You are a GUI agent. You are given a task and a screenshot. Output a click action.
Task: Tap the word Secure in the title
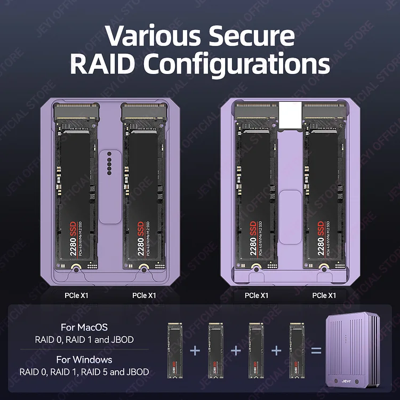tap(251, 36)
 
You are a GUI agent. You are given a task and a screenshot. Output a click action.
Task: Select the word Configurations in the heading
tap(236, 64)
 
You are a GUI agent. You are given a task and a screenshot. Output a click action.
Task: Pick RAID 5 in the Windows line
tap(103, 371)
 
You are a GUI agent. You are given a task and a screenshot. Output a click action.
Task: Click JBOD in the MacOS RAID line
tap(122, 339)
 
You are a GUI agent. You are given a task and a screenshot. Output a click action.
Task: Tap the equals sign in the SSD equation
tap(316, 350)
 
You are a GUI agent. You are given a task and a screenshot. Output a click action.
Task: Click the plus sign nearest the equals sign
tap(276, 350)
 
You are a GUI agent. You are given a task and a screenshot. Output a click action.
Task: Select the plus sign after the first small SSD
tap(195, 350)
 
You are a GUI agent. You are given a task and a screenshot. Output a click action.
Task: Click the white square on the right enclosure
tap(290, 114)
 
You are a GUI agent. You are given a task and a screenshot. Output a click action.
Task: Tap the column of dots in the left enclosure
tap(110, 163)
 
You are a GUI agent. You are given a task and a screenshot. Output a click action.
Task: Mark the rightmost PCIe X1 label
tap(324, 295)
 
